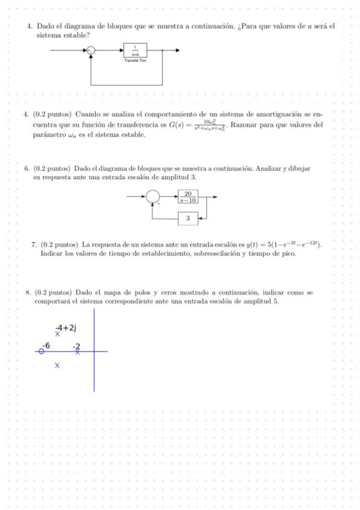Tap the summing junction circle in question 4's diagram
click(x=90, y=51)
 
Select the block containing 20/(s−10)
click(x=188, y=197)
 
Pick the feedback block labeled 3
click(x=188, y=218)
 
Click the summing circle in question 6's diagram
click(x=153, y=197)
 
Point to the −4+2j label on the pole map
click(x=66, y=328)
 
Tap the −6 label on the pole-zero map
click(x=46, y=345)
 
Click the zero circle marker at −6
click(x=41, y=352)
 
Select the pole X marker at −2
click(x=78, y=352)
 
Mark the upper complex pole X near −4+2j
click(x=58, y=334)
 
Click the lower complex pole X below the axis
click(x=58, y=365)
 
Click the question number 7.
click(x=34, y=245)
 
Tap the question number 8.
click(x=28, y=292)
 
